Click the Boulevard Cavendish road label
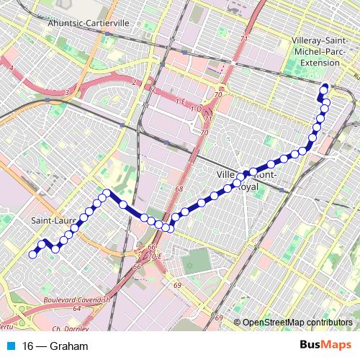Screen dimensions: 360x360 click(76, 299)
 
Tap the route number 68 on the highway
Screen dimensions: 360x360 click(179, 189)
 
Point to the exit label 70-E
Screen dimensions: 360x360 click(156, 256)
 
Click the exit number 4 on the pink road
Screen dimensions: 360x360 click(12, 68)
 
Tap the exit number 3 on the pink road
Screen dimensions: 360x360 click(66, 92)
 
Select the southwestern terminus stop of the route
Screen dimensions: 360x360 click(32, 253)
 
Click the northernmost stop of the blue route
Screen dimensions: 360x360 click(325, 89)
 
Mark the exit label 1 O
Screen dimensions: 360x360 click(196, 109)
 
